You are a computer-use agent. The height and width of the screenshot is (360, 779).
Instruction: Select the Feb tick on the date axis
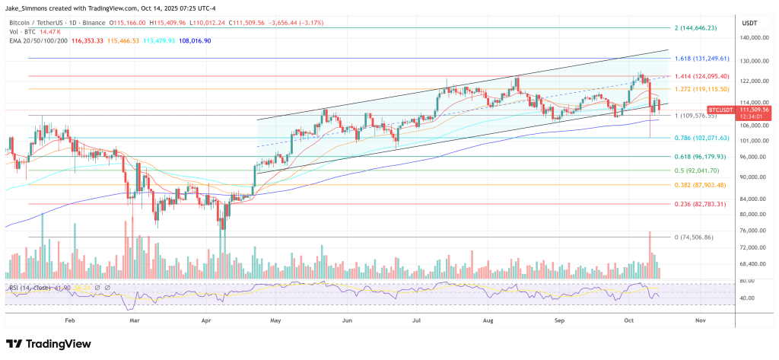click(x=71, y=321)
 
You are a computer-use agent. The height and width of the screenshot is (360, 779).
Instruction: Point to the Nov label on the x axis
click(x=701, y=321)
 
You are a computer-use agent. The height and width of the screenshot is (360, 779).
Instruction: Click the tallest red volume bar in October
click(x=650, y=254)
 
